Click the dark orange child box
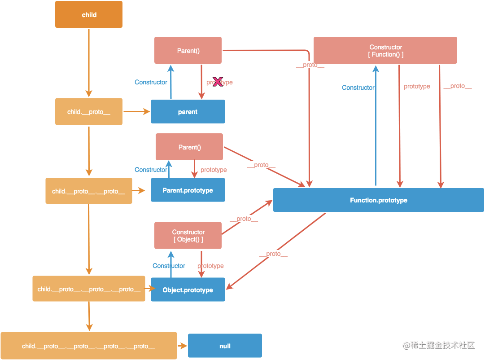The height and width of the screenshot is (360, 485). (89, 14)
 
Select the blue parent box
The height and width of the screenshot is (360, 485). (188, 112)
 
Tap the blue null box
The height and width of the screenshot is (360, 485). (225, 346)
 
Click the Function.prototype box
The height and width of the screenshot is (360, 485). (379, 200)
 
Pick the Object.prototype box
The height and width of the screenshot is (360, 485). (188, 290)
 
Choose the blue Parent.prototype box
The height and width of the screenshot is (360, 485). (188, 190)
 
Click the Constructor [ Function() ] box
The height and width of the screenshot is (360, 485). (385, 50)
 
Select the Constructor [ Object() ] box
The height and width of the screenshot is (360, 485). (188, 236)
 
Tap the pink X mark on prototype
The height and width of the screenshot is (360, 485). (218, 82)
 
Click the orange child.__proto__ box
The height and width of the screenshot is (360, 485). (89, 112)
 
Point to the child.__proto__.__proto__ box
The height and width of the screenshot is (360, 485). (89, 191)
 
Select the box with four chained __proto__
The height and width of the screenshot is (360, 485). (89, 346)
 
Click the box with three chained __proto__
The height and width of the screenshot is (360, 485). (89, 289)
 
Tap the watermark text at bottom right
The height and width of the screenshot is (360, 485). (439, 345)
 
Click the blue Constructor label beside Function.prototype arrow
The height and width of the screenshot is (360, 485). (358, 88)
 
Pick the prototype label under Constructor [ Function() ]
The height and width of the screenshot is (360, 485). (417, 86)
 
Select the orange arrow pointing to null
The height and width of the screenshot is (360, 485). (183, 346)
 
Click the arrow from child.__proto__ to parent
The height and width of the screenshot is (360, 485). (137, 111)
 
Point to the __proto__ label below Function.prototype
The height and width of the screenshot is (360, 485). (273, 254)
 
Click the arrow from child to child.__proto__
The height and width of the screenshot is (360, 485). (89, 63)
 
